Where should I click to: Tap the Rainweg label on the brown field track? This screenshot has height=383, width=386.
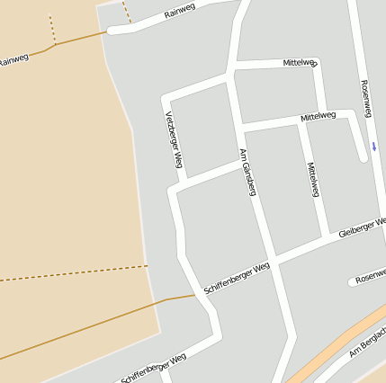coord(13,59)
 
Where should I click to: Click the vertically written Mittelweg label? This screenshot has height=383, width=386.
coord(313,180)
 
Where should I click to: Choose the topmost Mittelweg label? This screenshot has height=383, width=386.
coord(300,63)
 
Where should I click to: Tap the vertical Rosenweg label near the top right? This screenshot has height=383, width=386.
coord(366,98)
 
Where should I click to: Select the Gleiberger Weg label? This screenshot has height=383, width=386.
coord(362,227)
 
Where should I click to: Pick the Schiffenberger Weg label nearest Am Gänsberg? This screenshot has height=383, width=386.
coord(237,280)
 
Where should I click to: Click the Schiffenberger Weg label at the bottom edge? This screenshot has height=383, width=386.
coord(154,369)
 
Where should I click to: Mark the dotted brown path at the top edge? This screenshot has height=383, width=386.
coord(127,12)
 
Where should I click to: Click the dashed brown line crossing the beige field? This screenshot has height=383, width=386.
coord(72,274)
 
